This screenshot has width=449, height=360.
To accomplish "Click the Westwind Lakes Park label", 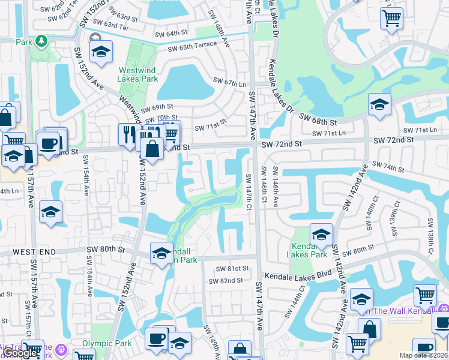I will [x=137, y=74].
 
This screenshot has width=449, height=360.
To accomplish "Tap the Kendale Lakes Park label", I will [x=310, y=250].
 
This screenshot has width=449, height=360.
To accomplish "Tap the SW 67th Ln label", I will [x=231, y=82].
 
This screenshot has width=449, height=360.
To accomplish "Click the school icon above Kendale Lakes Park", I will [x=321, y=233].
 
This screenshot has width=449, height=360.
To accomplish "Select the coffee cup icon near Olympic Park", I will [x=156, y=338].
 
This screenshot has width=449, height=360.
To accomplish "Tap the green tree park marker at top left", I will [x=41, y=41].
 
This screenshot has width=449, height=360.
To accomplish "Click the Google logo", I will [x=20, y=353].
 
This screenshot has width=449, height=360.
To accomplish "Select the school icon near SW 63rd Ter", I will [x=101, y=52].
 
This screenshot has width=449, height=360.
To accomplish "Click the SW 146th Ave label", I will [x=275, y=187].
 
